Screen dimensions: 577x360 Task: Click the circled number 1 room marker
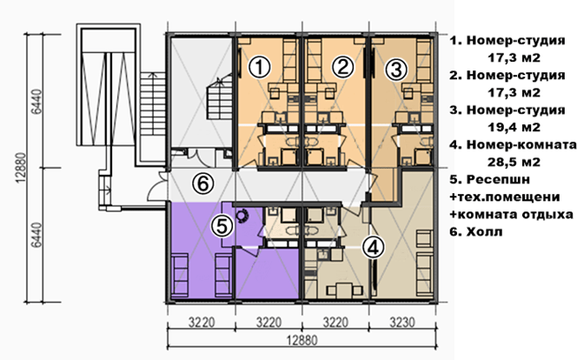[x=260, y=67]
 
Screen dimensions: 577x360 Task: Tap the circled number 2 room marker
[x=343, y=67]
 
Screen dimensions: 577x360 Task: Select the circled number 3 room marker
[x=396, y=70]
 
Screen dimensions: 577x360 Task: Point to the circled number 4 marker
[x=373, y=247]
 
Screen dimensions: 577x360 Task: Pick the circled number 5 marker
[x=222, y=225]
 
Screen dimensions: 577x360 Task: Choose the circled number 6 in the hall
[x=203, y=183]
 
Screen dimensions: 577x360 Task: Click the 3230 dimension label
[x=401, y=323]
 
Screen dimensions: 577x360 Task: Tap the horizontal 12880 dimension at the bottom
[x=302, y=340]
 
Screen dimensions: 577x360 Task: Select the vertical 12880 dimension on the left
[x=22, y=168]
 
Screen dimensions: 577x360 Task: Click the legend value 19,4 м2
[x=514, y=127]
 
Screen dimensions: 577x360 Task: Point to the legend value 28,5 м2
[x=514, y=162]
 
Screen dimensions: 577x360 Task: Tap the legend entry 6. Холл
[x=476, y=232]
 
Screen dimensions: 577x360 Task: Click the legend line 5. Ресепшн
[x=490, y=179]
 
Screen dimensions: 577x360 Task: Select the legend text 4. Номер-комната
[x=513, y=144]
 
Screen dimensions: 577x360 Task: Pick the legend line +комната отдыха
[x=512, y=214]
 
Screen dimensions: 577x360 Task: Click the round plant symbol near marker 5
[x=242, y=216]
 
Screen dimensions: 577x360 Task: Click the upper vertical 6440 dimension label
[x=36, y=101]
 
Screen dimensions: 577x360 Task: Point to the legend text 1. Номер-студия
[x=507, y=40]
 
